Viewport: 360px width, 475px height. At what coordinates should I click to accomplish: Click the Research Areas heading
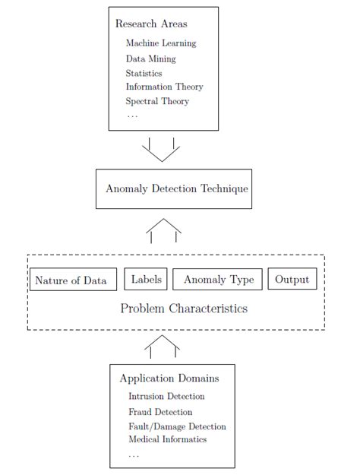point(150,24)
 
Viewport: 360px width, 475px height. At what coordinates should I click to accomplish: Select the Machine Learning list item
point(160,43)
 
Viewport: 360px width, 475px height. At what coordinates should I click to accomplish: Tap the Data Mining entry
point(150,59)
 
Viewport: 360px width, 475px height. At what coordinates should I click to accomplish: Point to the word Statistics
point(144,73)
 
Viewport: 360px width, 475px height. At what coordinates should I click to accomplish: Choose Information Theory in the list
point(164,87)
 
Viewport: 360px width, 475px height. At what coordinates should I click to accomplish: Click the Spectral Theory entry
point(157,101)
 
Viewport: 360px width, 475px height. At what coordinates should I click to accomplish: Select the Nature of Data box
point(71,280)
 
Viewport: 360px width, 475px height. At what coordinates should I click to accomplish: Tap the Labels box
point(146,280)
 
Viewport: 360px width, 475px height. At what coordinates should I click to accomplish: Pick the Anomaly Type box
point(218,280)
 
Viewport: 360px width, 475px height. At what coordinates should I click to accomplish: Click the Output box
point(292,280)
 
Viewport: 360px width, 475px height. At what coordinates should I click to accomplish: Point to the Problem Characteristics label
point(184,309)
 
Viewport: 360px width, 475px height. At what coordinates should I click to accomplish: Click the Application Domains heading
point(169,378)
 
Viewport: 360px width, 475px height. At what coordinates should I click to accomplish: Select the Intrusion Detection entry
point(166,396)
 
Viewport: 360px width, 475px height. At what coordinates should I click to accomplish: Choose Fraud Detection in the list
point(160,411)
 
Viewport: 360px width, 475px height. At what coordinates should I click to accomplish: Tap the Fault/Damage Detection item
point(177,426)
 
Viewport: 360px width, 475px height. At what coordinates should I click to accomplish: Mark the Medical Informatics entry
point(167,439)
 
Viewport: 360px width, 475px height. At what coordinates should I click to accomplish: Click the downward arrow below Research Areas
point(161,149)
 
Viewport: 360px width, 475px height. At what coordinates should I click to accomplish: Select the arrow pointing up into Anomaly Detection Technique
point(163,230)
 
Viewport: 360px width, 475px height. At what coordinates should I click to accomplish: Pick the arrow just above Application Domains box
point(162,346)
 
